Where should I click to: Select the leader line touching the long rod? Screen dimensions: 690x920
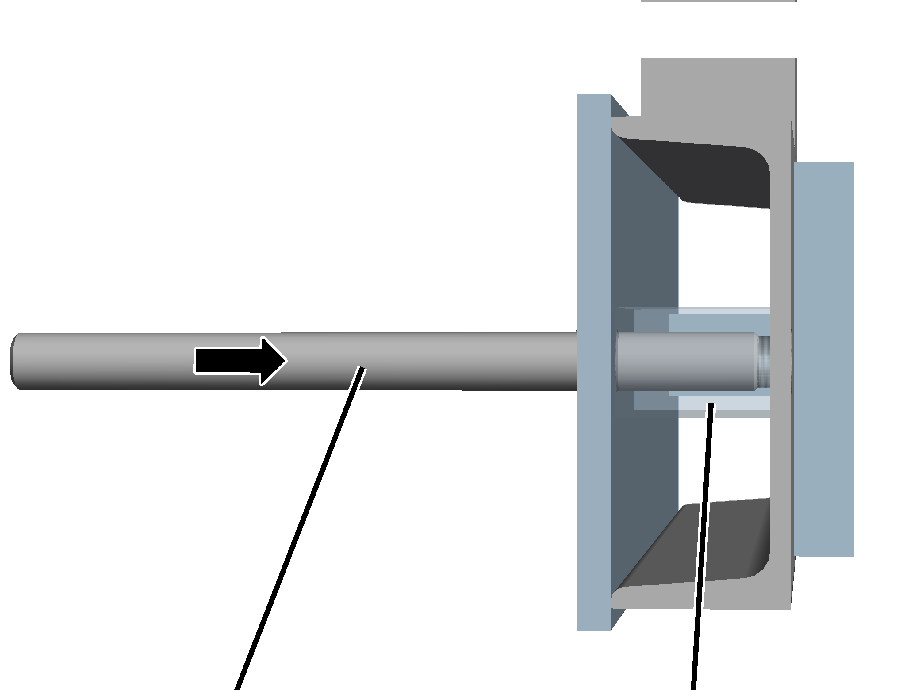[299, 524]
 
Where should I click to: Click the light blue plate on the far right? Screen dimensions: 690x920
[823, 358]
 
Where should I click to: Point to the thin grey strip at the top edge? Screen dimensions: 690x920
[718, 1]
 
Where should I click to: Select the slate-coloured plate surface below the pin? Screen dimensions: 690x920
[645, 478]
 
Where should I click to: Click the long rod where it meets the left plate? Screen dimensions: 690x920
[570, 361]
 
